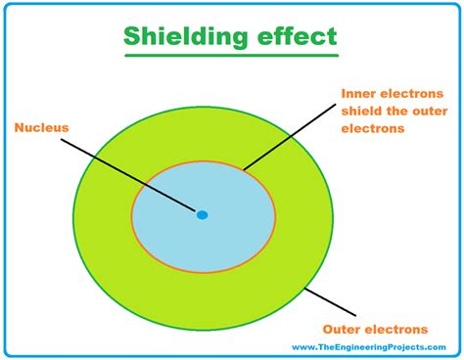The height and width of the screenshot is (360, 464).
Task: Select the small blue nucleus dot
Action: tap(202, 214)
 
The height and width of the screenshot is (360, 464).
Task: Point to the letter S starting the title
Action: tap(131, 37)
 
